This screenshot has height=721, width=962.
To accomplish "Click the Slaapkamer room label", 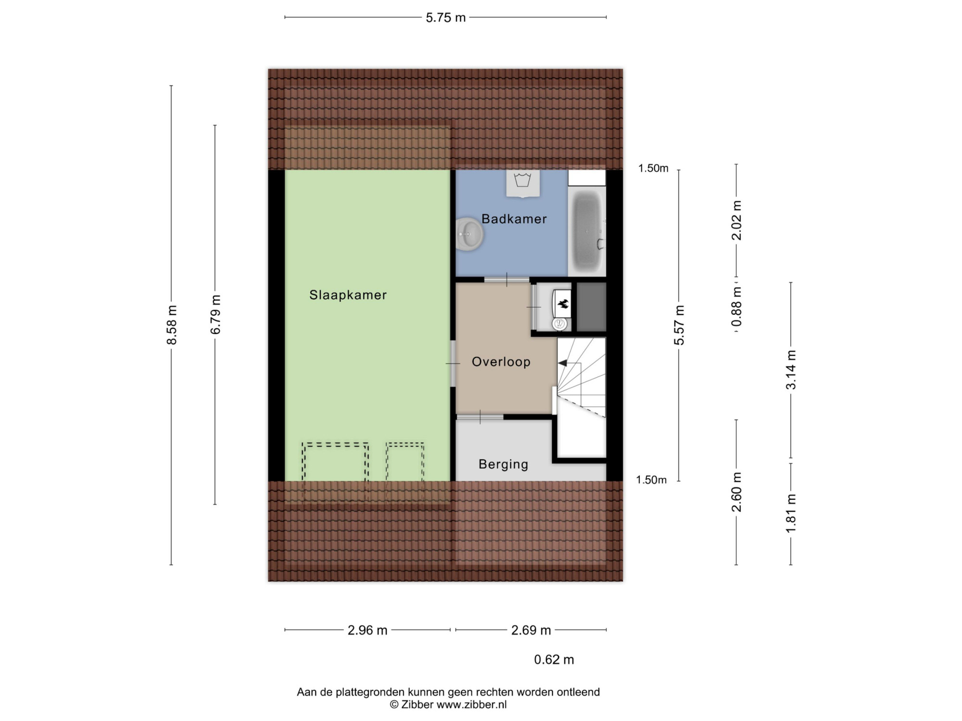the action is (348, 295).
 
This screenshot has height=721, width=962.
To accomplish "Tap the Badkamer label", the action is (514, 219).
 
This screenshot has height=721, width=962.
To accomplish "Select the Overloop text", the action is (501, 361).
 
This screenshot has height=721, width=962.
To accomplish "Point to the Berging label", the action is (503, 464).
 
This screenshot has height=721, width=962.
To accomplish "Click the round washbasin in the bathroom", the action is (468, 234).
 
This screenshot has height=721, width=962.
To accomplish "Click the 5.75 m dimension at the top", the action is (445, 18).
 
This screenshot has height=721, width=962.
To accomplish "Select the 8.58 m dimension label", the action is (172, 325).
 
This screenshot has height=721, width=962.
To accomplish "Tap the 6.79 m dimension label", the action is (215, 314).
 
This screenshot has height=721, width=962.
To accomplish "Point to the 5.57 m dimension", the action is (679, 325).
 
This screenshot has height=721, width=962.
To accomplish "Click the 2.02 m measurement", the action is (736, 220).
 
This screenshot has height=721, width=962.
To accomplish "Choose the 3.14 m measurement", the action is (791, 370).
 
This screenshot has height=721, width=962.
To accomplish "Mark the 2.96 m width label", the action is (367, 630).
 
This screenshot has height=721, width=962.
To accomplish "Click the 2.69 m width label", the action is (531, 630).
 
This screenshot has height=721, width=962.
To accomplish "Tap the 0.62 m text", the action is (554, 659).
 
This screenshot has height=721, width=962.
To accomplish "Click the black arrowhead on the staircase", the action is (562, 363).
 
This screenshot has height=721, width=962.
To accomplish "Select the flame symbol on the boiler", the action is (562, 304).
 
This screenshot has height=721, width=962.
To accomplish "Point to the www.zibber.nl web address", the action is (471, 705).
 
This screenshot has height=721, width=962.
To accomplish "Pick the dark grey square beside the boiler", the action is (591, 307).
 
